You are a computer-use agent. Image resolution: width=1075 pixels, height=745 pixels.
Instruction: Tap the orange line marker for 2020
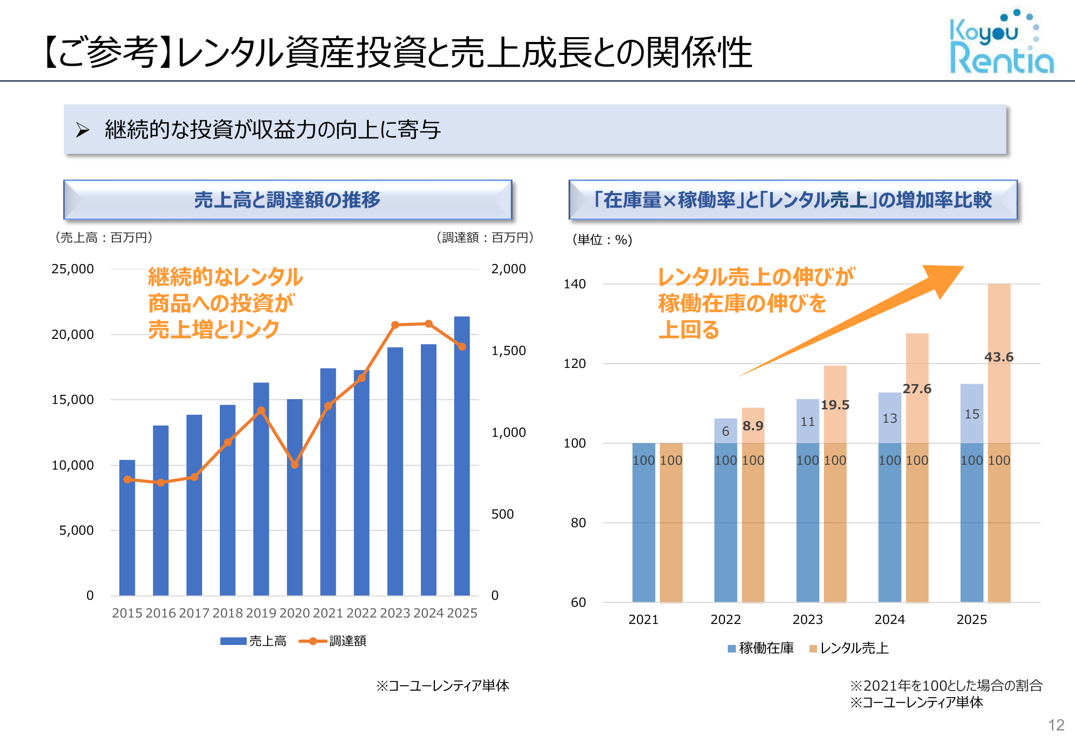coord(295,465)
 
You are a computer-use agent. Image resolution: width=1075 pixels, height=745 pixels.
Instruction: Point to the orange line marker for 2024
coord(428,324)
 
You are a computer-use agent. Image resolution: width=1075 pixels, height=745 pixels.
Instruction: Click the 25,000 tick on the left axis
coord(73,269)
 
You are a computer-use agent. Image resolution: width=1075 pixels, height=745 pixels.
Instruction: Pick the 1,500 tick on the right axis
coord(508,351)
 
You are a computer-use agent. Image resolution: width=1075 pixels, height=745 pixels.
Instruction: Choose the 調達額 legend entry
coord(333,641)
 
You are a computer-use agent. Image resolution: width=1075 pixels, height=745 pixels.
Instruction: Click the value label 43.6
coord(999,357)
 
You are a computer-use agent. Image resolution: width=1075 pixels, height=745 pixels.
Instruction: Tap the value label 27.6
coord(916,389)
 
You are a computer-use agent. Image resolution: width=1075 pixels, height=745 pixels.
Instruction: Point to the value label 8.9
coord(752,426)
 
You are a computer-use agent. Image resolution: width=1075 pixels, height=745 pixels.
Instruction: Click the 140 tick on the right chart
coord(575,284)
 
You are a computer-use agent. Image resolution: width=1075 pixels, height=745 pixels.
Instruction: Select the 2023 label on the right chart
coord(807,620)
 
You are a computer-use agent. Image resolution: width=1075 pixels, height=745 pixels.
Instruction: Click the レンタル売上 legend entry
coord(849,648)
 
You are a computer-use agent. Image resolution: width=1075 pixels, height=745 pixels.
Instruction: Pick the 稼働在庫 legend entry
coord(761,648)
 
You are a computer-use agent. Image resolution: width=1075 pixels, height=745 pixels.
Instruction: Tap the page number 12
coord(1056,725)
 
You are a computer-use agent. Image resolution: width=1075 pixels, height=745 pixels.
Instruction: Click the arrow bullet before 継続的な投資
coord(82,130)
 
